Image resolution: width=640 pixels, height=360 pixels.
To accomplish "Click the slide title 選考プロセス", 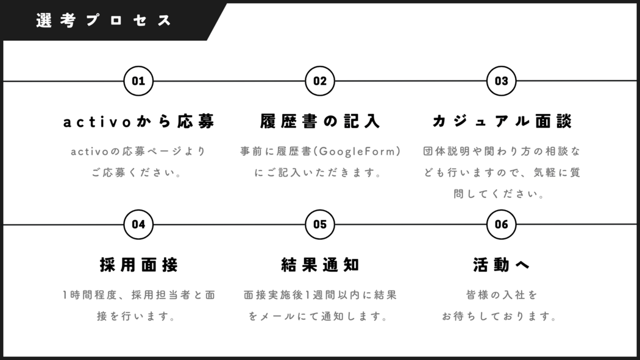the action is coord(104,20).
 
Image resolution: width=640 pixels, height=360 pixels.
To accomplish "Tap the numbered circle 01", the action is coord(138,81).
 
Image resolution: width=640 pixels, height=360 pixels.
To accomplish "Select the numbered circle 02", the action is coord(320,81).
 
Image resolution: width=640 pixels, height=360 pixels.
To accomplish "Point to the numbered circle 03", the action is coord(501,81).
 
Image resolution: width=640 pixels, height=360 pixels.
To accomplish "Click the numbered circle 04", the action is coord(138,224).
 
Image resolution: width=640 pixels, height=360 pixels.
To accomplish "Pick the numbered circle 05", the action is coord(320,224).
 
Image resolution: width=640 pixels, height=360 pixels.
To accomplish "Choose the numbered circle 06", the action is coord(501,224).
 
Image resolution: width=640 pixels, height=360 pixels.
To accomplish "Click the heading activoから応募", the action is coord(139,121).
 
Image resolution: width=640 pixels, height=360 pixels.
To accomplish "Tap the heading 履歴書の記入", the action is coord(320,121).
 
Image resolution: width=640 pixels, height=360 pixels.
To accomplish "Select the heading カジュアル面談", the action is coord(502,121).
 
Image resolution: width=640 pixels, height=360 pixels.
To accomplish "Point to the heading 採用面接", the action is coord(139,265).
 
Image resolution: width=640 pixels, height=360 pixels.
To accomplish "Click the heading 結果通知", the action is coord(320,265).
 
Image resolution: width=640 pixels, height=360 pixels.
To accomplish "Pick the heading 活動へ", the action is coord(502,265).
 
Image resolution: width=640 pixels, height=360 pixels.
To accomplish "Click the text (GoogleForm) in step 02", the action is coord(357,152).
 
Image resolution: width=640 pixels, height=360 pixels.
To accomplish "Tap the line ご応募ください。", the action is coord(137,172).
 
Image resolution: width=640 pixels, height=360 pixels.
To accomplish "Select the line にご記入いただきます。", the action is coord(318,172).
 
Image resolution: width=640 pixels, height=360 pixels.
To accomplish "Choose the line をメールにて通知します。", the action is coord(318,316).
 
